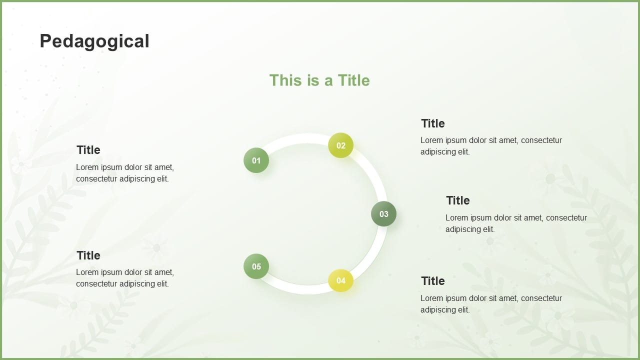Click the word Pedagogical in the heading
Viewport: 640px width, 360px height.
pos(94,41)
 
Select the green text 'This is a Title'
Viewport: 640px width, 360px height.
pos(319,80)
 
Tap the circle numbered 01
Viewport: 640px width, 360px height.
pos(256,160)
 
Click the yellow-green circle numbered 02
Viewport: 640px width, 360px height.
pos(340,145)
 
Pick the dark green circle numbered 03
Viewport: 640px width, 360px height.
pos(383,213)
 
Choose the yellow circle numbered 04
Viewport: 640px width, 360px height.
pos(340,280)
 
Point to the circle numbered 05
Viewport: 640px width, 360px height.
pos(256,266)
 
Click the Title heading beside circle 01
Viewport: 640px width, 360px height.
pos(88,150)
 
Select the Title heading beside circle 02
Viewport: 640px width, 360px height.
pos(433,123)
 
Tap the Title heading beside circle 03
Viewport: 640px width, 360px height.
pos(458,200)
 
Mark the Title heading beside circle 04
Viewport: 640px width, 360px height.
pos(433,281)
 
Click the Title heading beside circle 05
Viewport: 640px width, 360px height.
pos(88,255)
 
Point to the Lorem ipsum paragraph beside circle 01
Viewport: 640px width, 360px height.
pos(125,173)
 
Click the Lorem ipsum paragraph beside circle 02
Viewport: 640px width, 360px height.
pos(491,146)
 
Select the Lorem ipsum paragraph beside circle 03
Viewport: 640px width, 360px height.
pos(516,223)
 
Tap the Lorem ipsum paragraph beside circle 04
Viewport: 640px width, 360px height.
pos(491,304)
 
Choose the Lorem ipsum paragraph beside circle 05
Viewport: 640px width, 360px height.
pos(125,278)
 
